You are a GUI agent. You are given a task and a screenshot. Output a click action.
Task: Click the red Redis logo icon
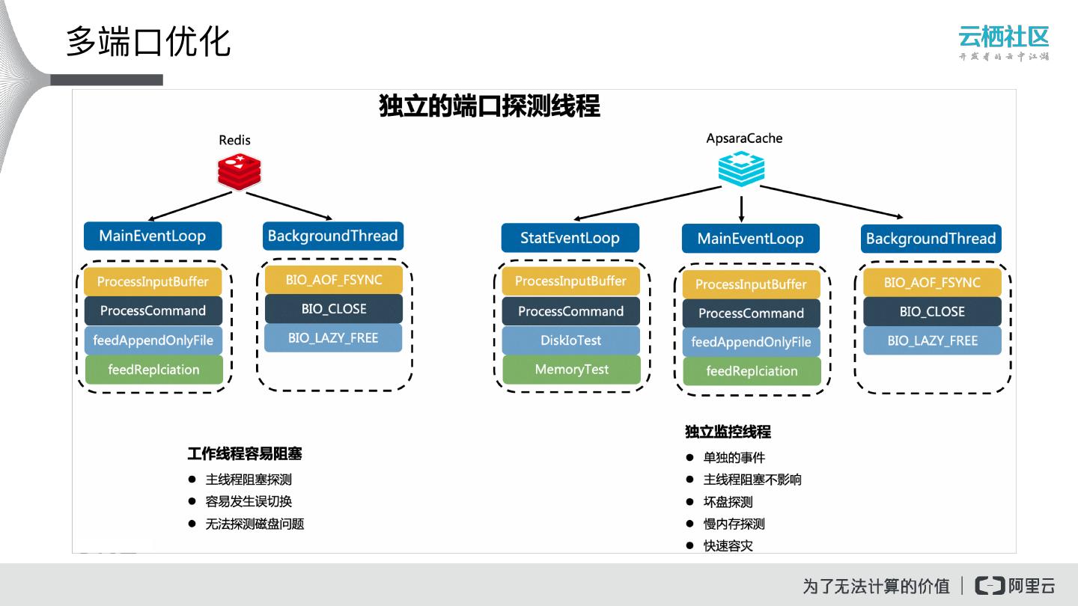240,171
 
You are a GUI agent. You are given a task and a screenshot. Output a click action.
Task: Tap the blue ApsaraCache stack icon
741,168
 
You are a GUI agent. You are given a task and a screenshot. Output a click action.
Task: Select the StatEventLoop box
570,238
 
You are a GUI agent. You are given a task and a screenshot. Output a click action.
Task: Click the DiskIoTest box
571,340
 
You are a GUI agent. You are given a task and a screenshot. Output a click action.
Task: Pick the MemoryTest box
571,370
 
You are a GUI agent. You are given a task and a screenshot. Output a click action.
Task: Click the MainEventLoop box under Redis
153,236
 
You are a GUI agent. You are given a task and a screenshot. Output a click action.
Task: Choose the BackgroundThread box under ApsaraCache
931,239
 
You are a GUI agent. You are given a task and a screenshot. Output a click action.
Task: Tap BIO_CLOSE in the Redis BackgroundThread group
334,309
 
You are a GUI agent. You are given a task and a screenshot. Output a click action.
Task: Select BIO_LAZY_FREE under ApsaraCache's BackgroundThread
932,340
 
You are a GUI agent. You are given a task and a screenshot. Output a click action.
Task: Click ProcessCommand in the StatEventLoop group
571,311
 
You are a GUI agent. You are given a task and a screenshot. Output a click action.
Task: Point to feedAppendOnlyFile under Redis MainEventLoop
153,340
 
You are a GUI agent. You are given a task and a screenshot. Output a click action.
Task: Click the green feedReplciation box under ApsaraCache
752,371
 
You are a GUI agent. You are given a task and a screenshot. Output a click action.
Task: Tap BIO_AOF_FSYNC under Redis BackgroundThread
334,280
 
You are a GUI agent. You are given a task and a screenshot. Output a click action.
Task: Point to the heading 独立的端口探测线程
490,106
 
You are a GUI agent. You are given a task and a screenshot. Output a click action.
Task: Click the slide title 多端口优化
148,41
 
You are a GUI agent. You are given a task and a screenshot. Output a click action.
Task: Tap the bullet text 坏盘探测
728,502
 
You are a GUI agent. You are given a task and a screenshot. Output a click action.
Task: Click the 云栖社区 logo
1003,42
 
